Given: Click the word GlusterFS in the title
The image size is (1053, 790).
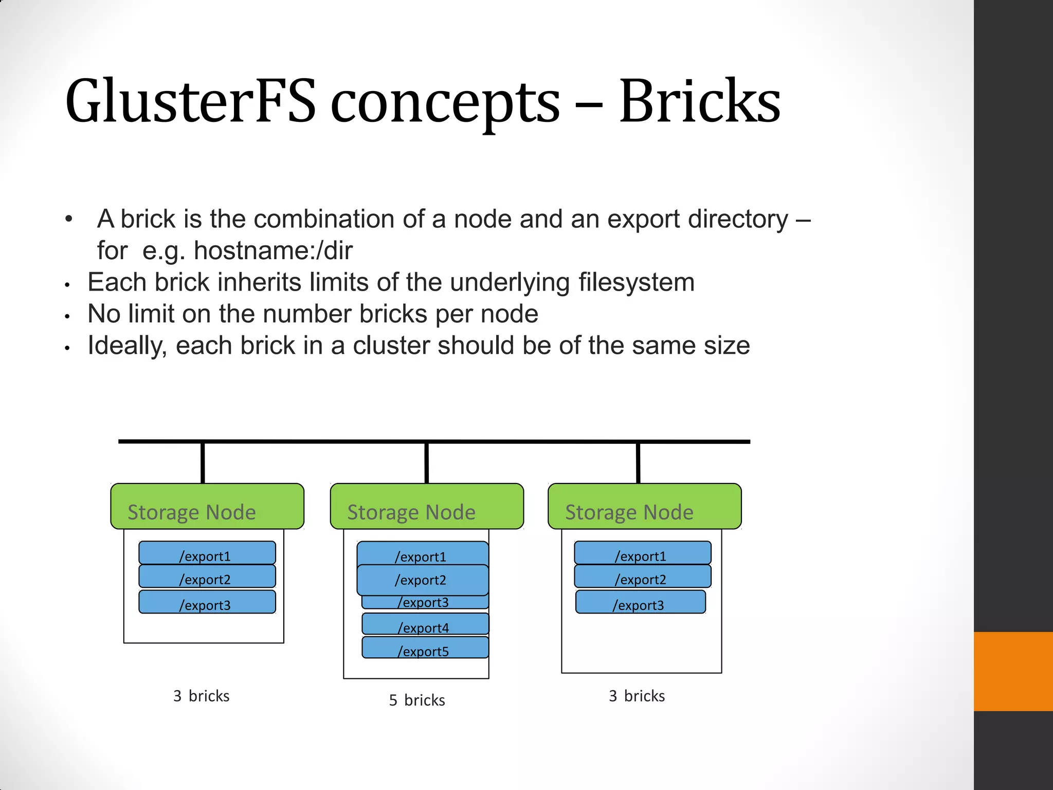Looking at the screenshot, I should [190, 101].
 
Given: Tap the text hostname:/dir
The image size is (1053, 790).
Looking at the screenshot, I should [273, 251].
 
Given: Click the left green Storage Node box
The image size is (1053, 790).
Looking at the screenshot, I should [207, 506].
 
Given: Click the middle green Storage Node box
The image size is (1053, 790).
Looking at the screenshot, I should [427, 506].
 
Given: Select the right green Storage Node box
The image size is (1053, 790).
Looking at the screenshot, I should [645, 506].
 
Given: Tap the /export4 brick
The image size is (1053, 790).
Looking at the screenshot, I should [425, 624].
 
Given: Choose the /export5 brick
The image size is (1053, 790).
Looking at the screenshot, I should [425, 648].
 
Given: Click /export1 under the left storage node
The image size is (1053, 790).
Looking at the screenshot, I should [207, 553].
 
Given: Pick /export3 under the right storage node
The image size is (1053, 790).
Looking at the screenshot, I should [640, 602].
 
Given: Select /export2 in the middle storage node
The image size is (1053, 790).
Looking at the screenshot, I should [423, 580].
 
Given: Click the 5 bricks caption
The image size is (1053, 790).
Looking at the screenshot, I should [417, 700].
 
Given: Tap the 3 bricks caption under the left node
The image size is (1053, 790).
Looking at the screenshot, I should [202, 696].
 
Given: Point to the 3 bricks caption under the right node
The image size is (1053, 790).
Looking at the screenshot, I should [637, 696].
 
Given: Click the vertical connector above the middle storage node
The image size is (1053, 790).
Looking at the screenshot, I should [427, 463].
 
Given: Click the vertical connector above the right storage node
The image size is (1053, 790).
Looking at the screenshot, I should [638, 463].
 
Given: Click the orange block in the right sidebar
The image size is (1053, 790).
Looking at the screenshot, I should [1013, 671].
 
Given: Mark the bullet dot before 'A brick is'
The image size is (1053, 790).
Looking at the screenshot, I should [69, 220].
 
